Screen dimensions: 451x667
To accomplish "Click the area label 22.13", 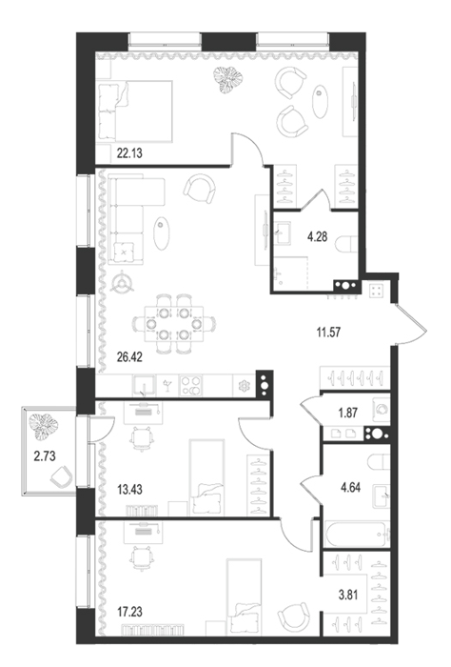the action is point(129,153).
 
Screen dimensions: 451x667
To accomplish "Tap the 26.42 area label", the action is point(129,357).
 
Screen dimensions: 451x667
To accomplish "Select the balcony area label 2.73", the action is point(45,456).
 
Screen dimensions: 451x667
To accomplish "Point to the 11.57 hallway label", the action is point(328,333).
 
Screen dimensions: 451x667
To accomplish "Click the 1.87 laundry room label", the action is point(348,413).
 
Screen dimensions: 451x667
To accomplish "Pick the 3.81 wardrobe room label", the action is point(348,595).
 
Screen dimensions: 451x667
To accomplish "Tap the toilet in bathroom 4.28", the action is point(346,245).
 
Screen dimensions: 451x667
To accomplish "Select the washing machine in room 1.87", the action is point(381,409).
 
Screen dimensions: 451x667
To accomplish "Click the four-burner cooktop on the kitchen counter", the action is point(191,386).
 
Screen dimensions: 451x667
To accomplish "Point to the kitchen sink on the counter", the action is point(144,386).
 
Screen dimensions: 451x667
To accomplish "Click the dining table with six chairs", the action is point(174,324).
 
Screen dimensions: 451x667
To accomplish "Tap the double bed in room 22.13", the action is point(135,111).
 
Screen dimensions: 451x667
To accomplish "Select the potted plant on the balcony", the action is point(44,426).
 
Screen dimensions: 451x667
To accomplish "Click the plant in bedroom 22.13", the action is point(227,79).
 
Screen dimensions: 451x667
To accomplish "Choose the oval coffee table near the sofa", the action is point(162,233).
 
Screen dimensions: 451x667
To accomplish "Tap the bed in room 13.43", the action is point(206,477).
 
